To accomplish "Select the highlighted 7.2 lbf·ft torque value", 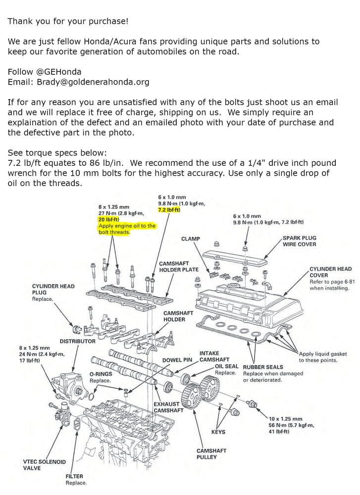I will (169, 210).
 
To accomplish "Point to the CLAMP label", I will (191, 239).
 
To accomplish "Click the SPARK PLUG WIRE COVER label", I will (299, 241).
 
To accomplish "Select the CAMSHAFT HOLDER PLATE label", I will (179, 267).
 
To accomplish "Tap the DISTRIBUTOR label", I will (78, 341).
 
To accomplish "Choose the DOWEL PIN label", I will (177, 360).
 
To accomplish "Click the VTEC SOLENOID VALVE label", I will (44, 465).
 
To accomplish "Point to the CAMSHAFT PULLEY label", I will (211, 454).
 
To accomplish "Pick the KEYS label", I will (218, 432).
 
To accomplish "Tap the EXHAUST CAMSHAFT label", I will (168, 407).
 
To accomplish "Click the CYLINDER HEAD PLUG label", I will (53, 289).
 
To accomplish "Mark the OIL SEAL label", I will (227, 366).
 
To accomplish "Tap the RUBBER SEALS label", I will (263, 367).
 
